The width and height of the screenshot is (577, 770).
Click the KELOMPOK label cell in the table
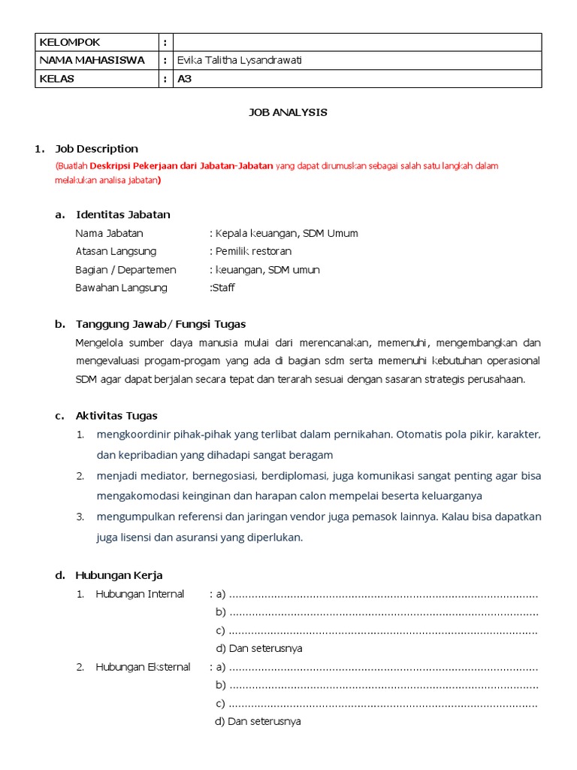coord(70,42)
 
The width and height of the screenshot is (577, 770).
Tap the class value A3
coord(185,79)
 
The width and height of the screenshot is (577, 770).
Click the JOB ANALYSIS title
coord(288,112)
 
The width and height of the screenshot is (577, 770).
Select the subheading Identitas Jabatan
coord(123,215)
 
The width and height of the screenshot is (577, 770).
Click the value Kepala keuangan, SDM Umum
coord(286,233)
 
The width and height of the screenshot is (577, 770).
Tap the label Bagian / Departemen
coord(125,270)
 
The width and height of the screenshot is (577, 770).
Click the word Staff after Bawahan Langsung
coord(223,288)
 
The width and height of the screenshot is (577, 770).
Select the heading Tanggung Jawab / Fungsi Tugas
coord(161,325)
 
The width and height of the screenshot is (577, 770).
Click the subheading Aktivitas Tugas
coord(116,416)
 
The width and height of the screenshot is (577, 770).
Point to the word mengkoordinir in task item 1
coord(129,435)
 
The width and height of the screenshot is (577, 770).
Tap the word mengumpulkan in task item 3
coord(131,517)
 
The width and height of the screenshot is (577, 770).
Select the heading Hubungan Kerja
coord(119,576)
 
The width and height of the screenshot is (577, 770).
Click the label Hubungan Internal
coord(140,594)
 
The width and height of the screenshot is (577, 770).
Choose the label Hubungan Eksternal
coord(143,667)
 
